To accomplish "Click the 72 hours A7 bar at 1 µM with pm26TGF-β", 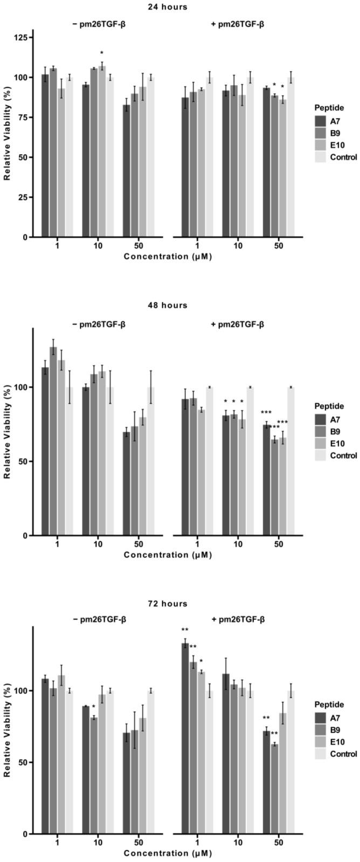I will pos(185,738).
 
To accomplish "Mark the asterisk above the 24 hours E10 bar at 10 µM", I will pos(102,53).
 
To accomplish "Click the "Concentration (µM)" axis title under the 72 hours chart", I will pos(167,853).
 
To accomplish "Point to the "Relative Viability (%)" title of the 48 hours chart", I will pos(8,431).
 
